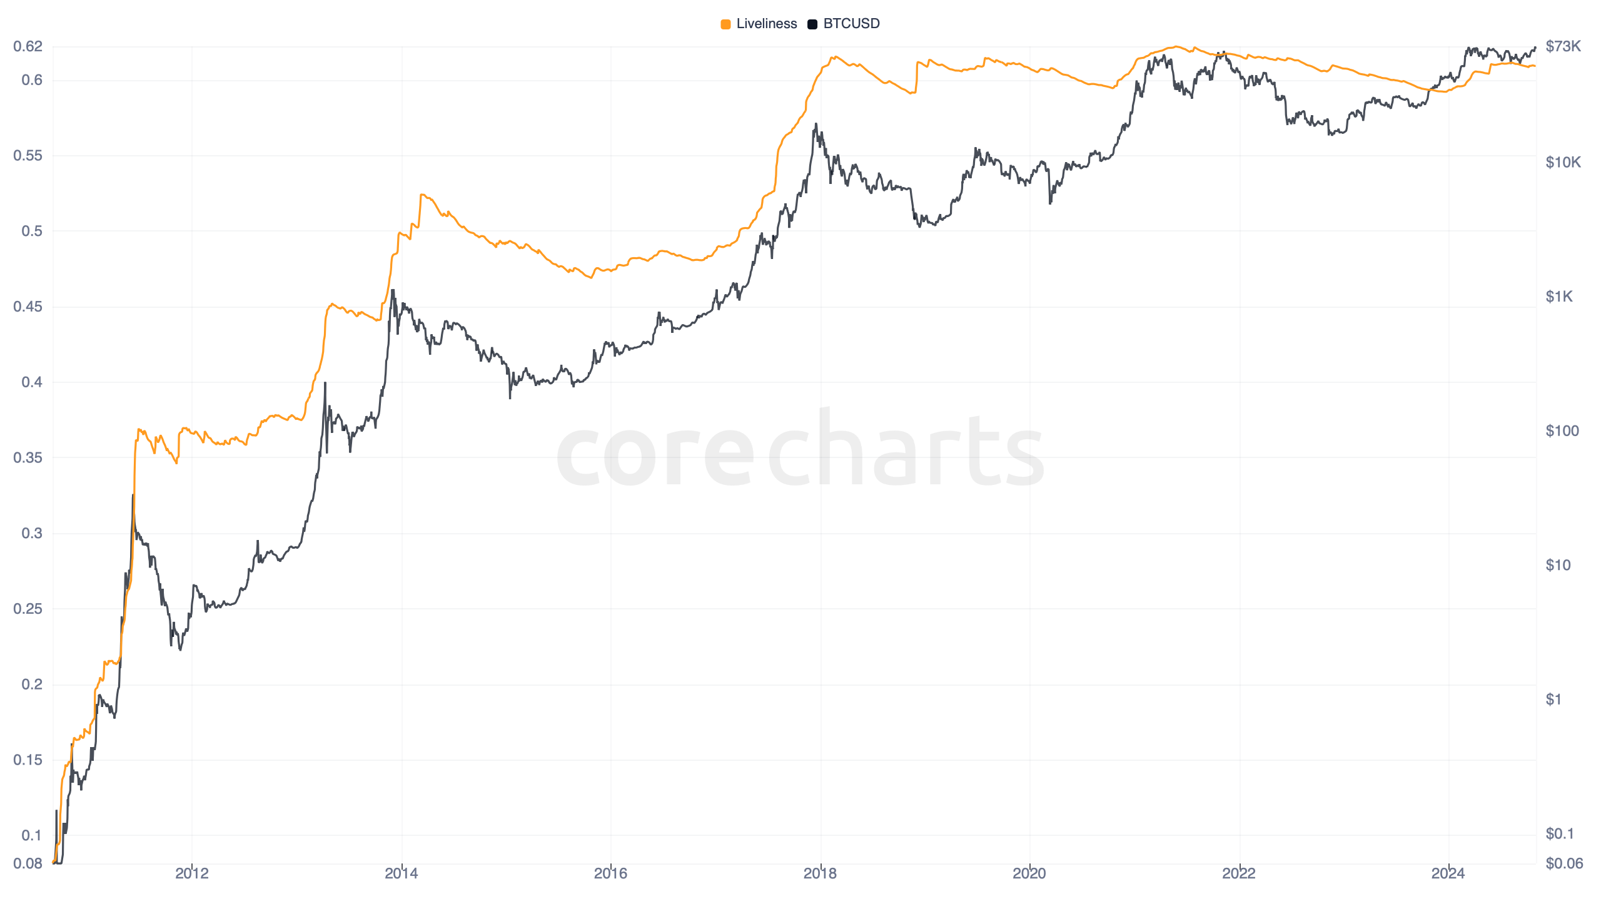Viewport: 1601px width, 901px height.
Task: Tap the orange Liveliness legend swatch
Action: click(x=725, y=24)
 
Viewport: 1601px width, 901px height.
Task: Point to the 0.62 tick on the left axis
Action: click(x=28, y=46)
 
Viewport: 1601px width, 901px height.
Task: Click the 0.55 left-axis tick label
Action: click(x=28, y=155)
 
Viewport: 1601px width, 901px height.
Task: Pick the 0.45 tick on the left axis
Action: click(x=28, y=307)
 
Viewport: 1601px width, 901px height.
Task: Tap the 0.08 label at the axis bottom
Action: click(x=28, y=863)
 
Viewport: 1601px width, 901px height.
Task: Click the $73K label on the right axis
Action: click(x=1563, y=46)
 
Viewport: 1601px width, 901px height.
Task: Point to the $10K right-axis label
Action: click(x=1563, y=163)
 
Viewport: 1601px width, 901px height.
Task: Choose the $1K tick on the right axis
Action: click(x=1559, y=297)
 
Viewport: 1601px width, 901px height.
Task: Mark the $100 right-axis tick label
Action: click(x=1562, y=430)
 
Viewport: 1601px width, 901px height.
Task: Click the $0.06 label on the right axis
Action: click(x=1564, y=863)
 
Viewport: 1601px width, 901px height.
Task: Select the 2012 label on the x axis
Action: click(x=192, y=873)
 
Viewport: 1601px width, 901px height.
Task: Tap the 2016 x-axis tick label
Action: click(x=610, y=873)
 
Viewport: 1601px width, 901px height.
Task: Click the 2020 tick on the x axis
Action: click(x=1029, y=873)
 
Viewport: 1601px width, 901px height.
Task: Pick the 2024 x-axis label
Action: click(x=1448, y=873)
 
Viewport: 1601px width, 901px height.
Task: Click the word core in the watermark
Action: click(x=655, y=454)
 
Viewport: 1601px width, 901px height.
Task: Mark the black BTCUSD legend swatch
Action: click(x=812, y=24)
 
